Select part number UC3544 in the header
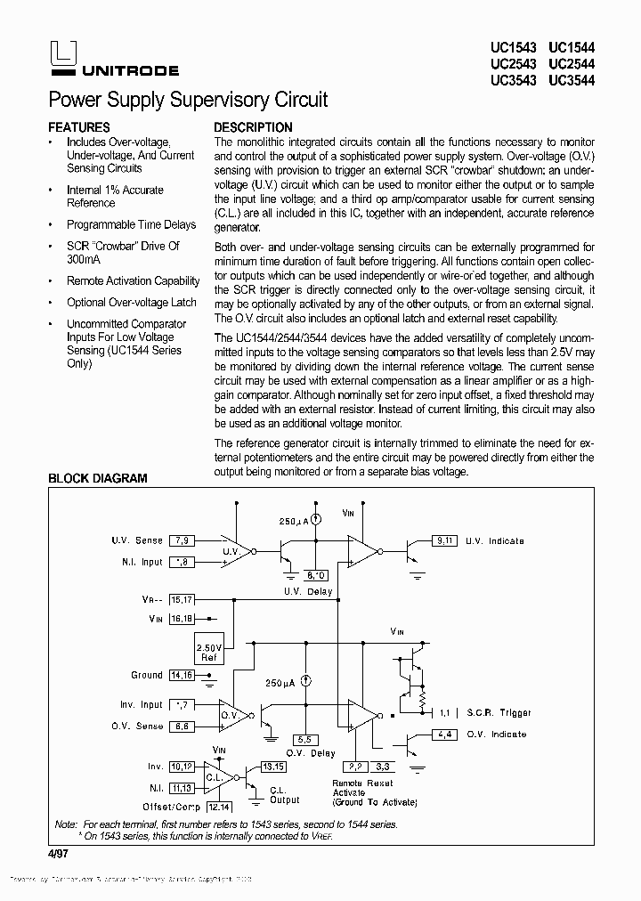(x=572, y=80)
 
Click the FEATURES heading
(x=79, y=127)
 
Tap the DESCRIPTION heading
(x=253, y=127)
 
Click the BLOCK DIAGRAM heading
(x=97, y=478)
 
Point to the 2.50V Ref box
(x=209, y=652)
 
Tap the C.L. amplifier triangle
(x=217, y=776)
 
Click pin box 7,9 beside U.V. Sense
(x=182, y=540)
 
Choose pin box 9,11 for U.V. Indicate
(x=444, y=540)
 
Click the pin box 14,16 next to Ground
(x=182, y=675)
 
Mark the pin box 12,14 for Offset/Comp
(x=219, y=807)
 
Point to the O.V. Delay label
(x=310, y=753)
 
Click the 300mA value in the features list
(x=84, y=259)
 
